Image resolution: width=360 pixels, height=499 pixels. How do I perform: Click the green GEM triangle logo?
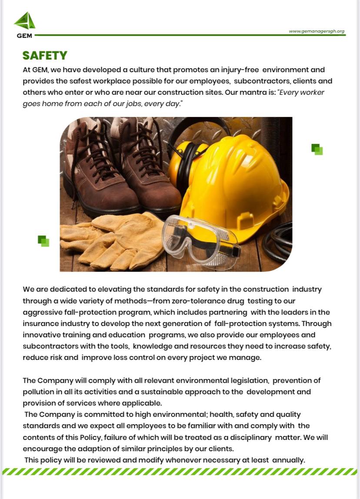pos(25,21)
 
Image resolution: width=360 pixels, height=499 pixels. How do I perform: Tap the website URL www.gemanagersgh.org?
pos(316,31)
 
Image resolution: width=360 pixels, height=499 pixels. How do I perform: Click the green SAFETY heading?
pos(45,56)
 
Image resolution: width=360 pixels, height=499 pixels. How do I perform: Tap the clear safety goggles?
pos(200,237)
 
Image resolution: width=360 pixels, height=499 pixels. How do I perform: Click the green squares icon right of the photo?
pos(317,150)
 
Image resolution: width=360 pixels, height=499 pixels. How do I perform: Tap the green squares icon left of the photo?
pos(43,241)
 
